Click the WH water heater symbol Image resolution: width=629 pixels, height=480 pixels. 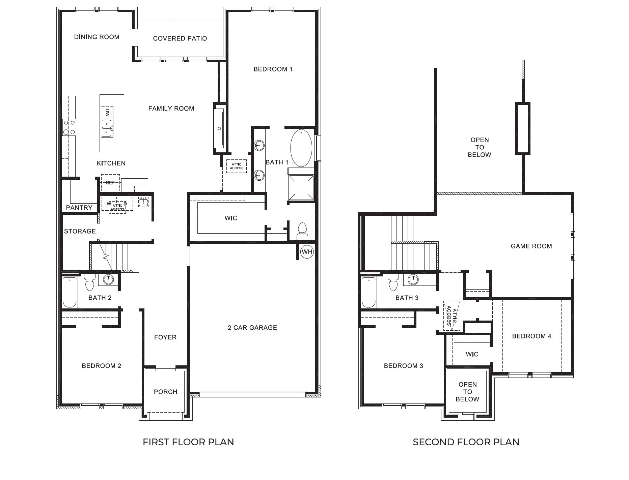tap(307, 252)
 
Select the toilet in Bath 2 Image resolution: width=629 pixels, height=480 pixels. tap(90, 282)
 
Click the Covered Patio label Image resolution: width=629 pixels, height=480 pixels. tap(180, 38)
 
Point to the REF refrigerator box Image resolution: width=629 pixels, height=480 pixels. tap(110, 183)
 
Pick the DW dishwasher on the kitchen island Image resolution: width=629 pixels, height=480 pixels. tap(107, 113)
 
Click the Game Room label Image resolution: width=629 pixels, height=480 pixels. tap(531, 246)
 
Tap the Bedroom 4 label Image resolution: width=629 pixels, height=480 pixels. tap(531, 336)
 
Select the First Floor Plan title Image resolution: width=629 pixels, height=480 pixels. tap(188, 442)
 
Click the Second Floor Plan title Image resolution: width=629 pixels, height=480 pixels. tap(466, 442)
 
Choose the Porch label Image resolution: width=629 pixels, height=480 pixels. tap(165, 392)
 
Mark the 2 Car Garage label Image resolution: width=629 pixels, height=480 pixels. tap(252, 328)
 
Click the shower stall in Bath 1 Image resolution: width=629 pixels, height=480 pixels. tap(301, 187)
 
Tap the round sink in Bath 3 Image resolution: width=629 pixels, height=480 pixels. tap(413, 279)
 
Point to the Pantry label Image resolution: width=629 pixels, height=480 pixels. tap(79, 208)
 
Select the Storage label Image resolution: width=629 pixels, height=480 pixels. tap(80, 231)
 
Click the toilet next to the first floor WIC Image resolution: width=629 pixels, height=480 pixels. tap(302, 231)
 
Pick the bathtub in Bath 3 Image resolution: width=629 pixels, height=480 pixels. tap(368, 292)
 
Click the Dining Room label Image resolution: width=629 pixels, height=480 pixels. tap(97, 37)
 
